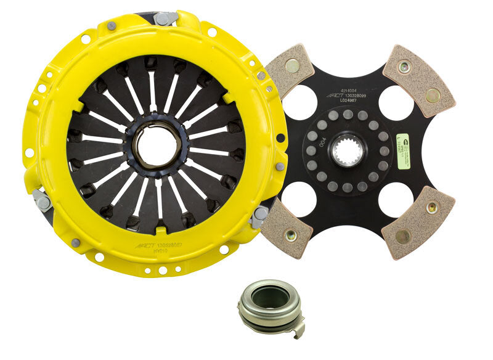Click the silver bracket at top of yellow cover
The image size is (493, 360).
click(165, 18)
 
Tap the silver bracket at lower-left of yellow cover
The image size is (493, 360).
click(43, 200)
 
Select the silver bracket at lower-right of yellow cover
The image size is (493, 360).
click(259, 216)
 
